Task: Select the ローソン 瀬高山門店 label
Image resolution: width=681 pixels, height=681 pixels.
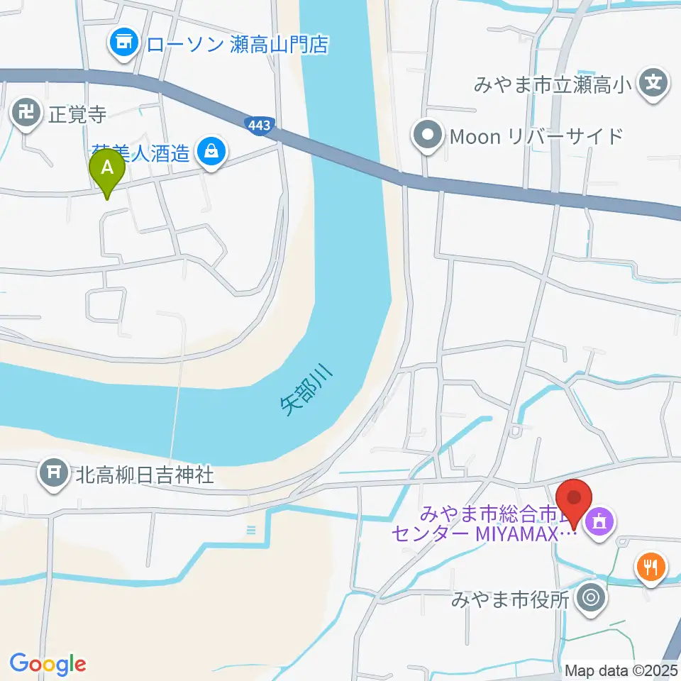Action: click(237, 45)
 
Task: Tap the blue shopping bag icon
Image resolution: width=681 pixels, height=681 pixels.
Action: click(211, 150)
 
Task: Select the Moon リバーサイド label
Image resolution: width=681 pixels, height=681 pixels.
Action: click(536, 136)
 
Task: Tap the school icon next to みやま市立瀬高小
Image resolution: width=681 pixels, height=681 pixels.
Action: click(653, 82)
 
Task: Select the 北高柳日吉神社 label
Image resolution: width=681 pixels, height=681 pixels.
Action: click(145, 474)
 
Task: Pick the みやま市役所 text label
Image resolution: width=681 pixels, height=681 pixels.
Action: click(511, 600)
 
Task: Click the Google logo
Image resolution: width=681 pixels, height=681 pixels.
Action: click(48, 664)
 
